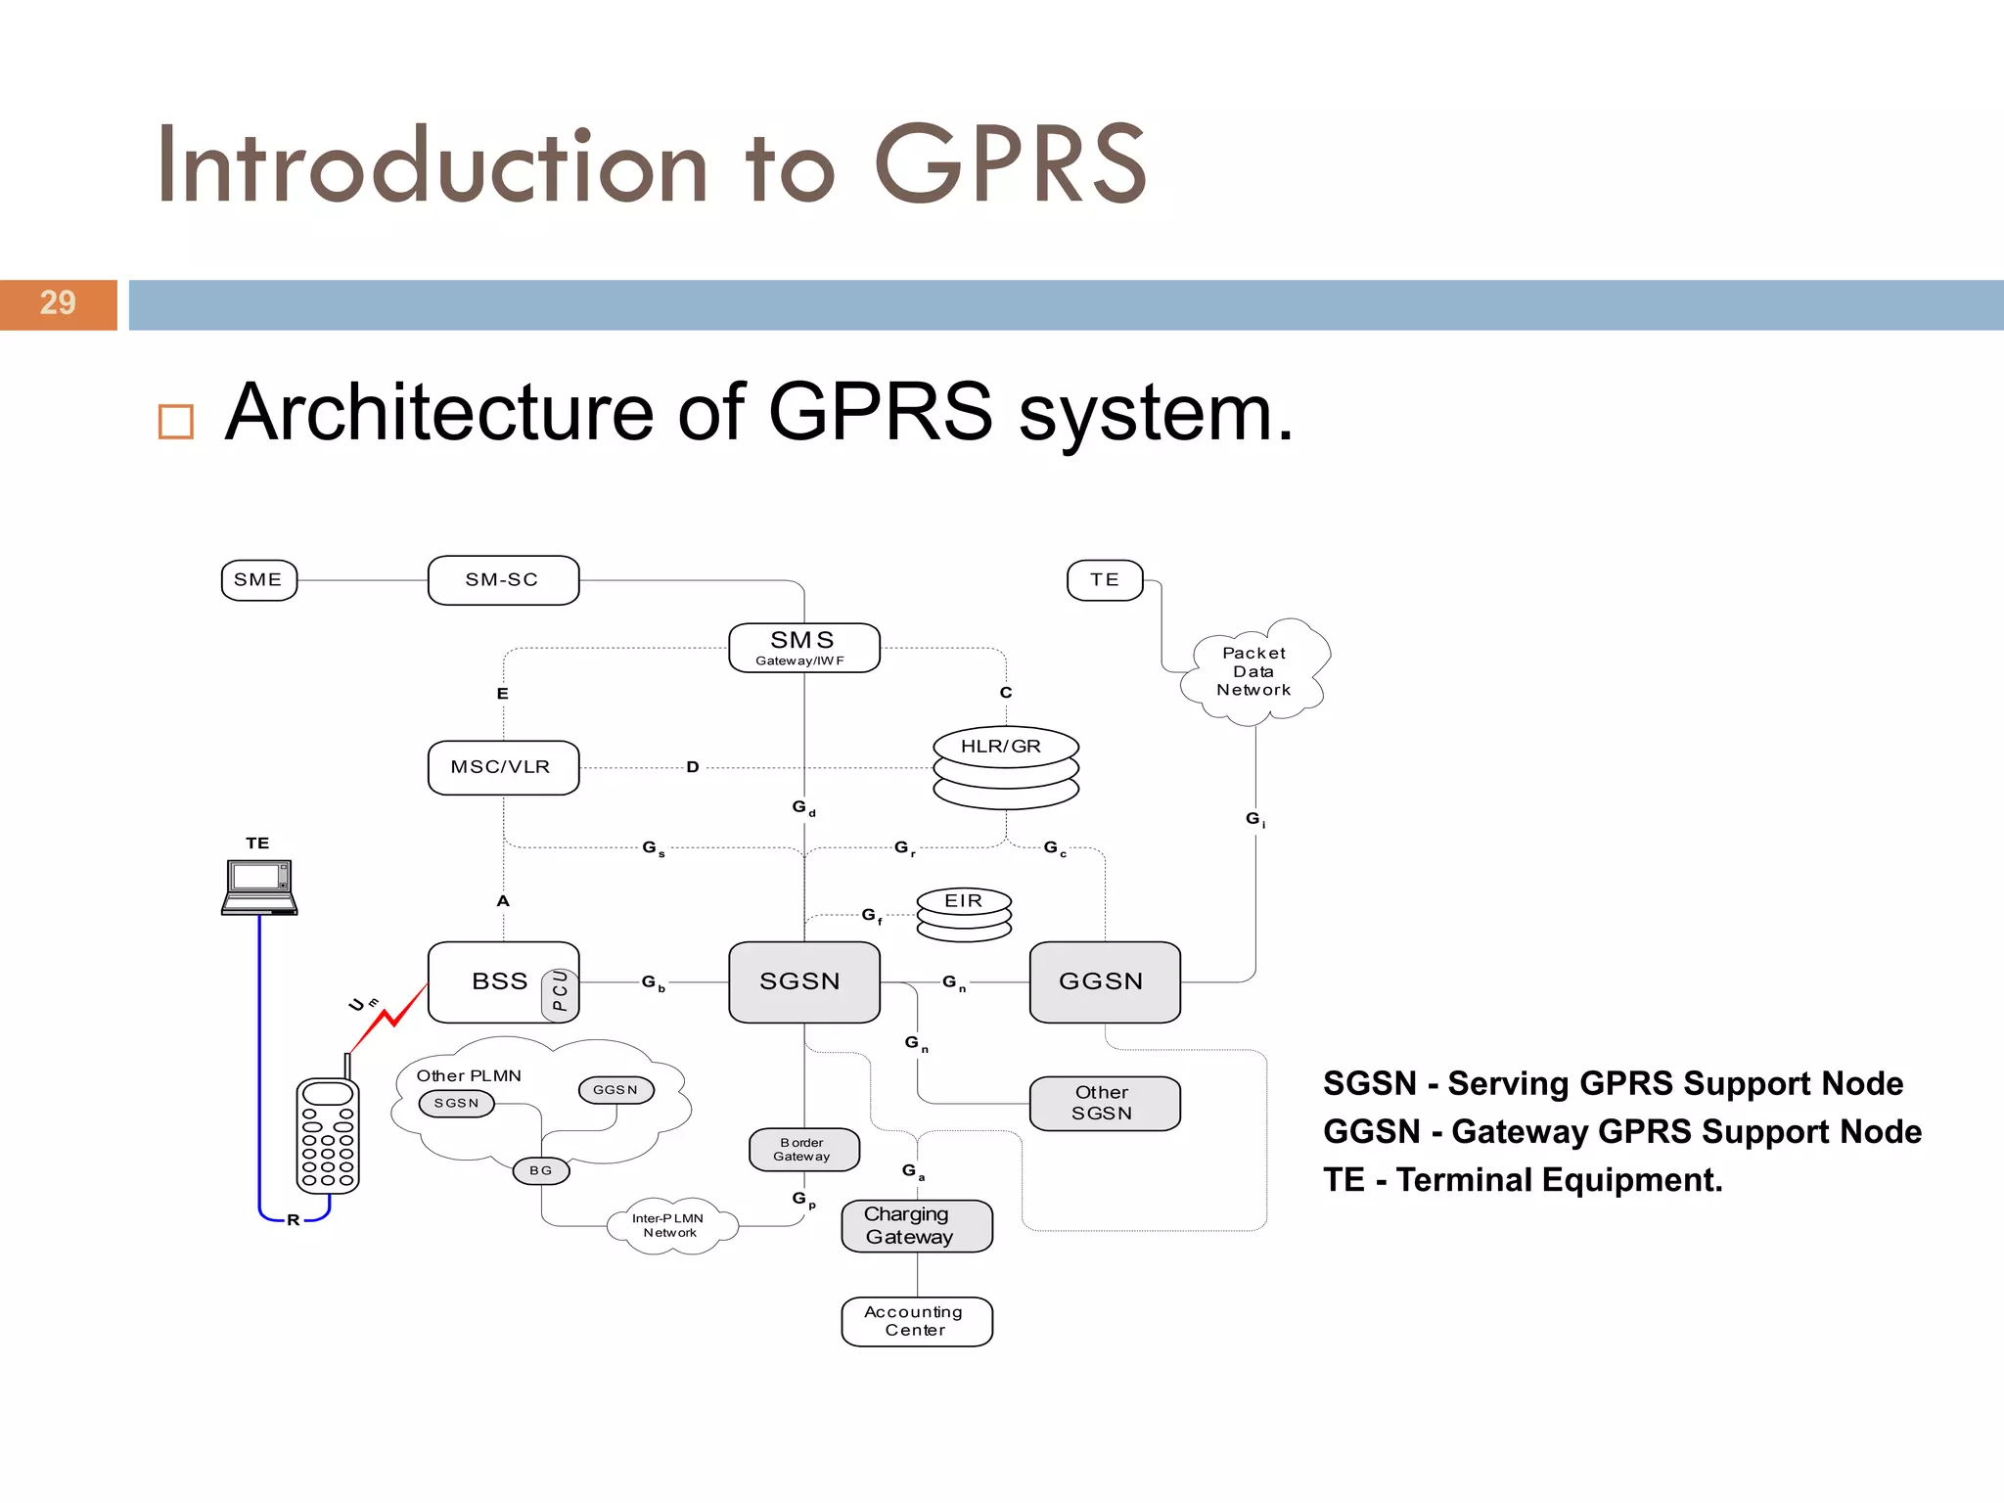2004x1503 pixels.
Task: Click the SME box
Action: (259, 580)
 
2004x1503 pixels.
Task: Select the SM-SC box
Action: (503, 580)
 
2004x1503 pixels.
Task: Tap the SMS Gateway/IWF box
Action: (803, 648)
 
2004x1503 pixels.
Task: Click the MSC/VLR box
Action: (503, 767)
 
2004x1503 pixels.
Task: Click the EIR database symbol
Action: (964, 914)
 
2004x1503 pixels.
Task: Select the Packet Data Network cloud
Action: (1253, 672)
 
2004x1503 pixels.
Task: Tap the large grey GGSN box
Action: (1104, 981)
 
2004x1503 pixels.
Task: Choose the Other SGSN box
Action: (1104, 1103)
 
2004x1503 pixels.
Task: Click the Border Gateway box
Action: (803, 1150)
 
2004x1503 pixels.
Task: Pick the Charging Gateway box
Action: (916, 1225)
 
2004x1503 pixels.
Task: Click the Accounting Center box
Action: (916, 1321)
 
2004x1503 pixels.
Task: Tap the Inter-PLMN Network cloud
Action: (670, 1225)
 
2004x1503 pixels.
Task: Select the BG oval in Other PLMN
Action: (541, 1170)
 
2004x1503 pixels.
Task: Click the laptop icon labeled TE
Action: (259, 887)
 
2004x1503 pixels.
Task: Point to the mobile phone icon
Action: (328, 1135)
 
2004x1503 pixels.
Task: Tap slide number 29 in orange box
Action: (58, 304)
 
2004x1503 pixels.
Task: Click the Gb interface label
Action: (653, 982)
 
